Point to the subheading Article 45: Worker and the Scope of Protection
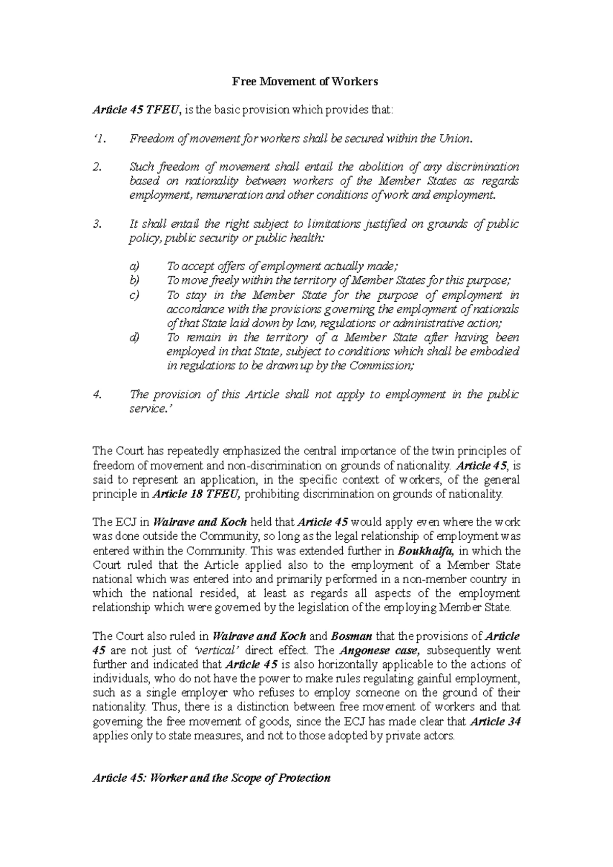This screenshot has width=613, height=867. [x=211, y=778]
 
